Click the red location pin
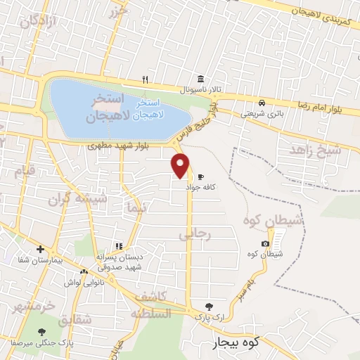click(181, 164)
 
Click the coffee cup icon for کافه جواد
click(200, 176)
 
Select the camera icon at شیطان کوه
click(265, 244)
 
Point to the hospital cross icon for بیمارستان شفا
click(41, 249)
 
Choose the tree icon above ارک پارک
click(208, 307)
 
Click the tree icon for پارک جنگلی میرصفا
click(41, 331)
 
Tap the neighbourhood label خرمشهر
click(33, 307)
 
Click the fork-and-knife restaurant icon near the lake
click(145, 79)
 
